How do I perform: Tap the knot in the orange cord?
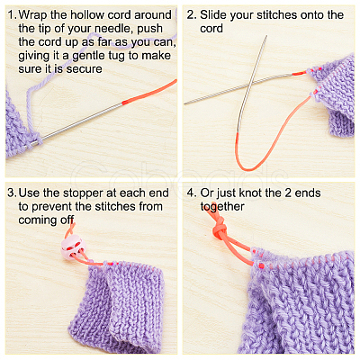pyautogui.click(x=220, y=229)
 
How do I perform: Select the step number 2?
pyautogui.click(x=192, y=14)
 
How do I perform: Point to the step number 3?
pyautogui.click(x=12, y=193)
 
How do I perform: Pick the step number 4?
pyautogui.click(x=192, y=193)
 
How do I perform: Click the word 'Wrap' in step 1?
pyautogui.click(x=32, y=15)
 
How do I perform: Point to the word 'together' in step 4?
pyautogui.click(x=222, y=207)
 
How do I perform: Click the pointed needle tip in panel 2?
pyautogui.click(x=266, y=36)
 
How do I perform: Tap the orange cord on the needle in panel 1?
pyautogui.click(x=149, y=92)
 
